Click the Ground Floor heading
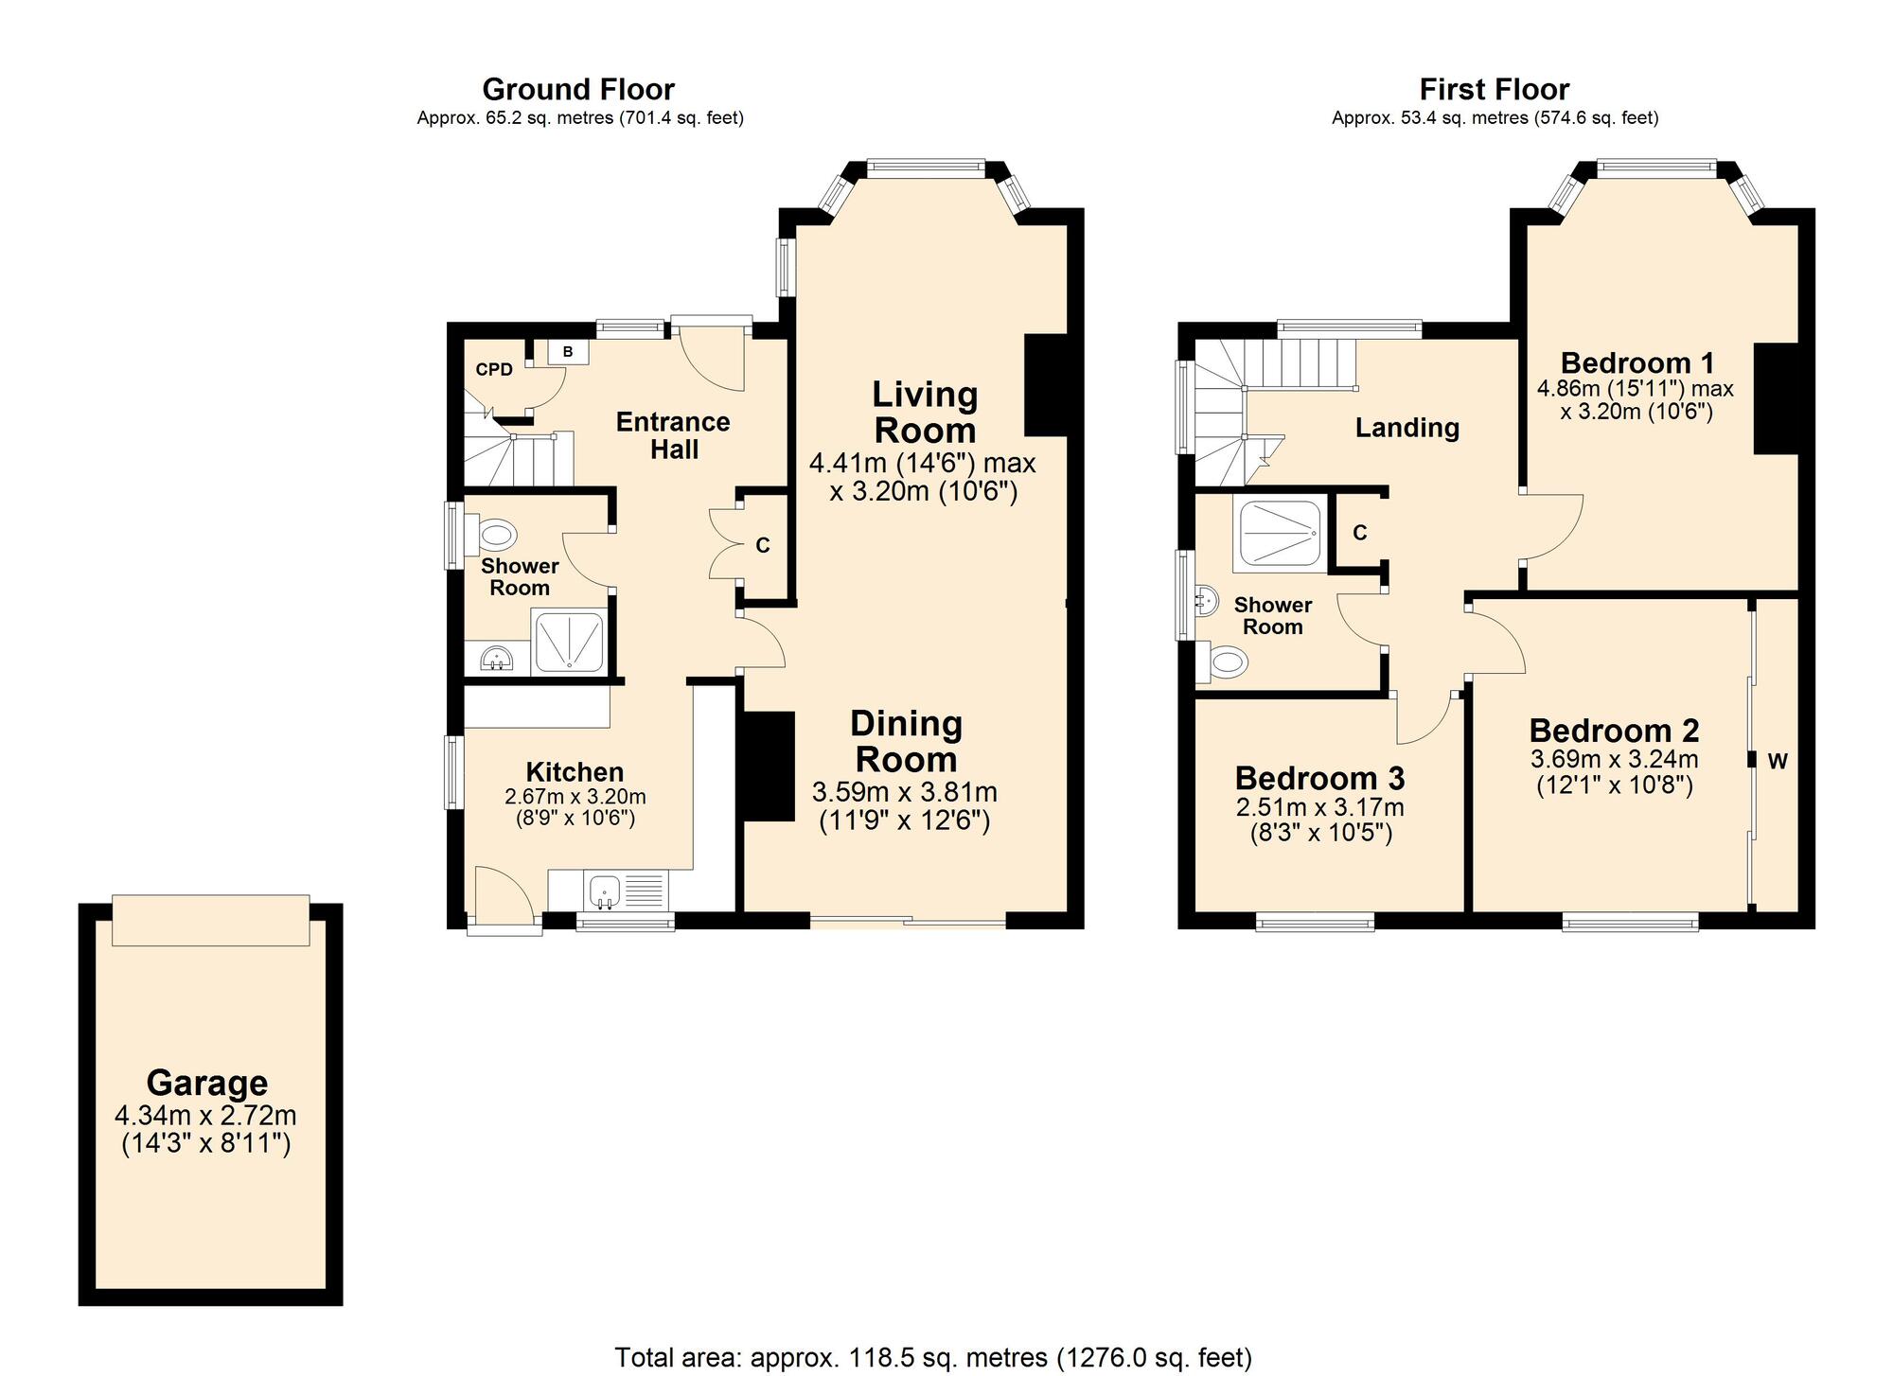click(x=578, y=89)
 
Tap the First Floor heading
click(x=1494, y=89)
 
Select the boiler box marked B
click(x=568, y=352)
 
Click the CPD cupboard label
click(x=494, y=369)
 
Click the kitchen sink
click(x=604, y=890)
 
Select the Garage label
click(x=206, y=1083)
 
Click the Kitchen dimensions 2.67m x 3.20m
click(x=575, y=797)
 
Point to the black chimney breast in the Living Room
click(x=1046, y=385)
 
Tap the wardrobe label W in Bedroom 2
click(x=1778, y=761)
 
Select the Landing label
click(x=1406, y=428)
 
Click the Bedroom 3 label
click(x=1319, y=778)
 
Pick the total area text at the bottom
click(x=933, y=1357)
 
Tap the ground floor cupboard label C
click(x=763, y=545)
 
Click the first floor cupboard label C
click(x=1359, y=533)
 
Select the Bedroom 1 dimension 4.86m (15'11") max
click(x=1636, y=388)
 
